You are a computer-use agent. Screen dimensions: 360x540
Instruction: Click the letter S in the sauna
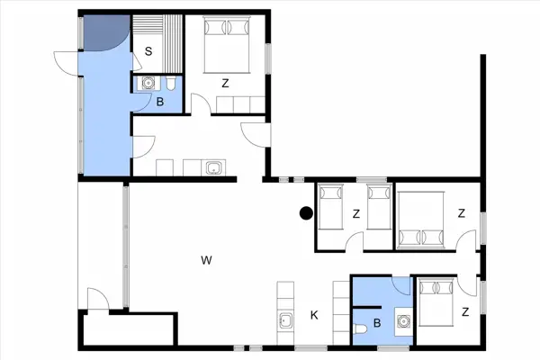click(x=148, y=51)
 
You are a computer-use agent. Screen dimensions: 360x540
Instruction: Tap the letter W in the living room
click(x=206, y=261)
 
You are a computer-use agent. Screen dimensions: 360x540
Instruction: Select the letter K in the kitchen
click(x=314, y=315)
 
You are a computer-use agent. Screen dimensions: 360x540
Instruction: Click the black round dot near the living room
click(x=306, y=213)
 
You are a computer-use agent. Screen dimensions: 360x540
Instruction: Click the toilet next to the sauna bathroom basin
click(x=170, y=85)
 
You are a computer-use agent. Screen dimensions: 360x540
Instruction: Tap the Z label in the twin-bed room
click(x=356, y=213)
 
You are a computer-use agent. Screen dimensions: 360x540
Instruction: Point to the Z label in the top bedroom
click(x=225, y=84)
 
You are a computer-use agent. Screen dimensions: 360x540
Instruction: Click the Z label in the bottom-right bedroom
click(x=465, y=312)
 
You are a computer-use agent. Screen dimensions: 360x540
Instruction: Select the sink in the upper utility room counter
click(x=212, y=167)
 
